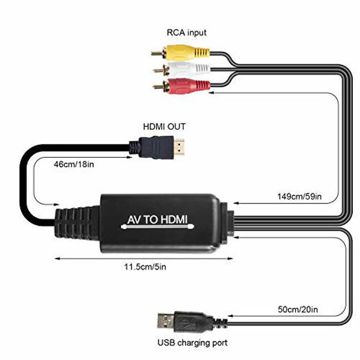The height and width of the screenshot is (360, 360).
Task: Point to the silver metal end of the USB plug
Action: point(166,321)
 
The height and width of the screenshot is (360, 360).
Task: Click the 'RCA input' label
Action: point(187,33)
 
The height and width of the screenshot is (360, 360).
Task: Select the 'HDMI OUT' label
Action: point(164,127)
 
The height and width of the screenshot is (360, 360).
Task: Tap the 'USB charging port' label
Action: point(192,343)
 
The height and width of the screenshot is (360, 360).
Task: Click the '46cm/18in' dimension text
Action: point(74,164)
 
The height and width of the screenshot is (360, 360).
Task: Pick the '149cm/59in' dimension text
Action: point(299,196)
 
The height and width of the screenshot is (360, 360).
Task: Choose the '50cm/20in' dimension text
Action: point(298,310)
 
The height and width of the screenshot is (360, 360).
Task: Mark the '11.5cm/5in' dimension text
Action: point(145,267)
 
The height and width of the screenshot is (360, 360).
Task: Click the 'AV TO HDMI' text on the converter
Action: point(158,220)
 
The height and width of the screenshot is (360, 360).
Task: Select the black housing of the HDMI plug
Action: point(153,147)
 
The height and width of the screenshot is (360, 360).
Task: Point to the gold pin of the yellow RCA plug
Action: point(158,54)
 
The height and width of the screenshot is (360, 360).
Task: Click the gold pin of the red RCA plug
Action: point(159,87)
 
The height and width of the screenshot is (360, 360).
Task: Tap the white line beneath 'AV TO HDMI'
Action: point(158,227)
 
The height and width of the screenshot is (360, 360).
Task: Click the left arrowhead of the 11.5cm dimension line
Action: point(57,259)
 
